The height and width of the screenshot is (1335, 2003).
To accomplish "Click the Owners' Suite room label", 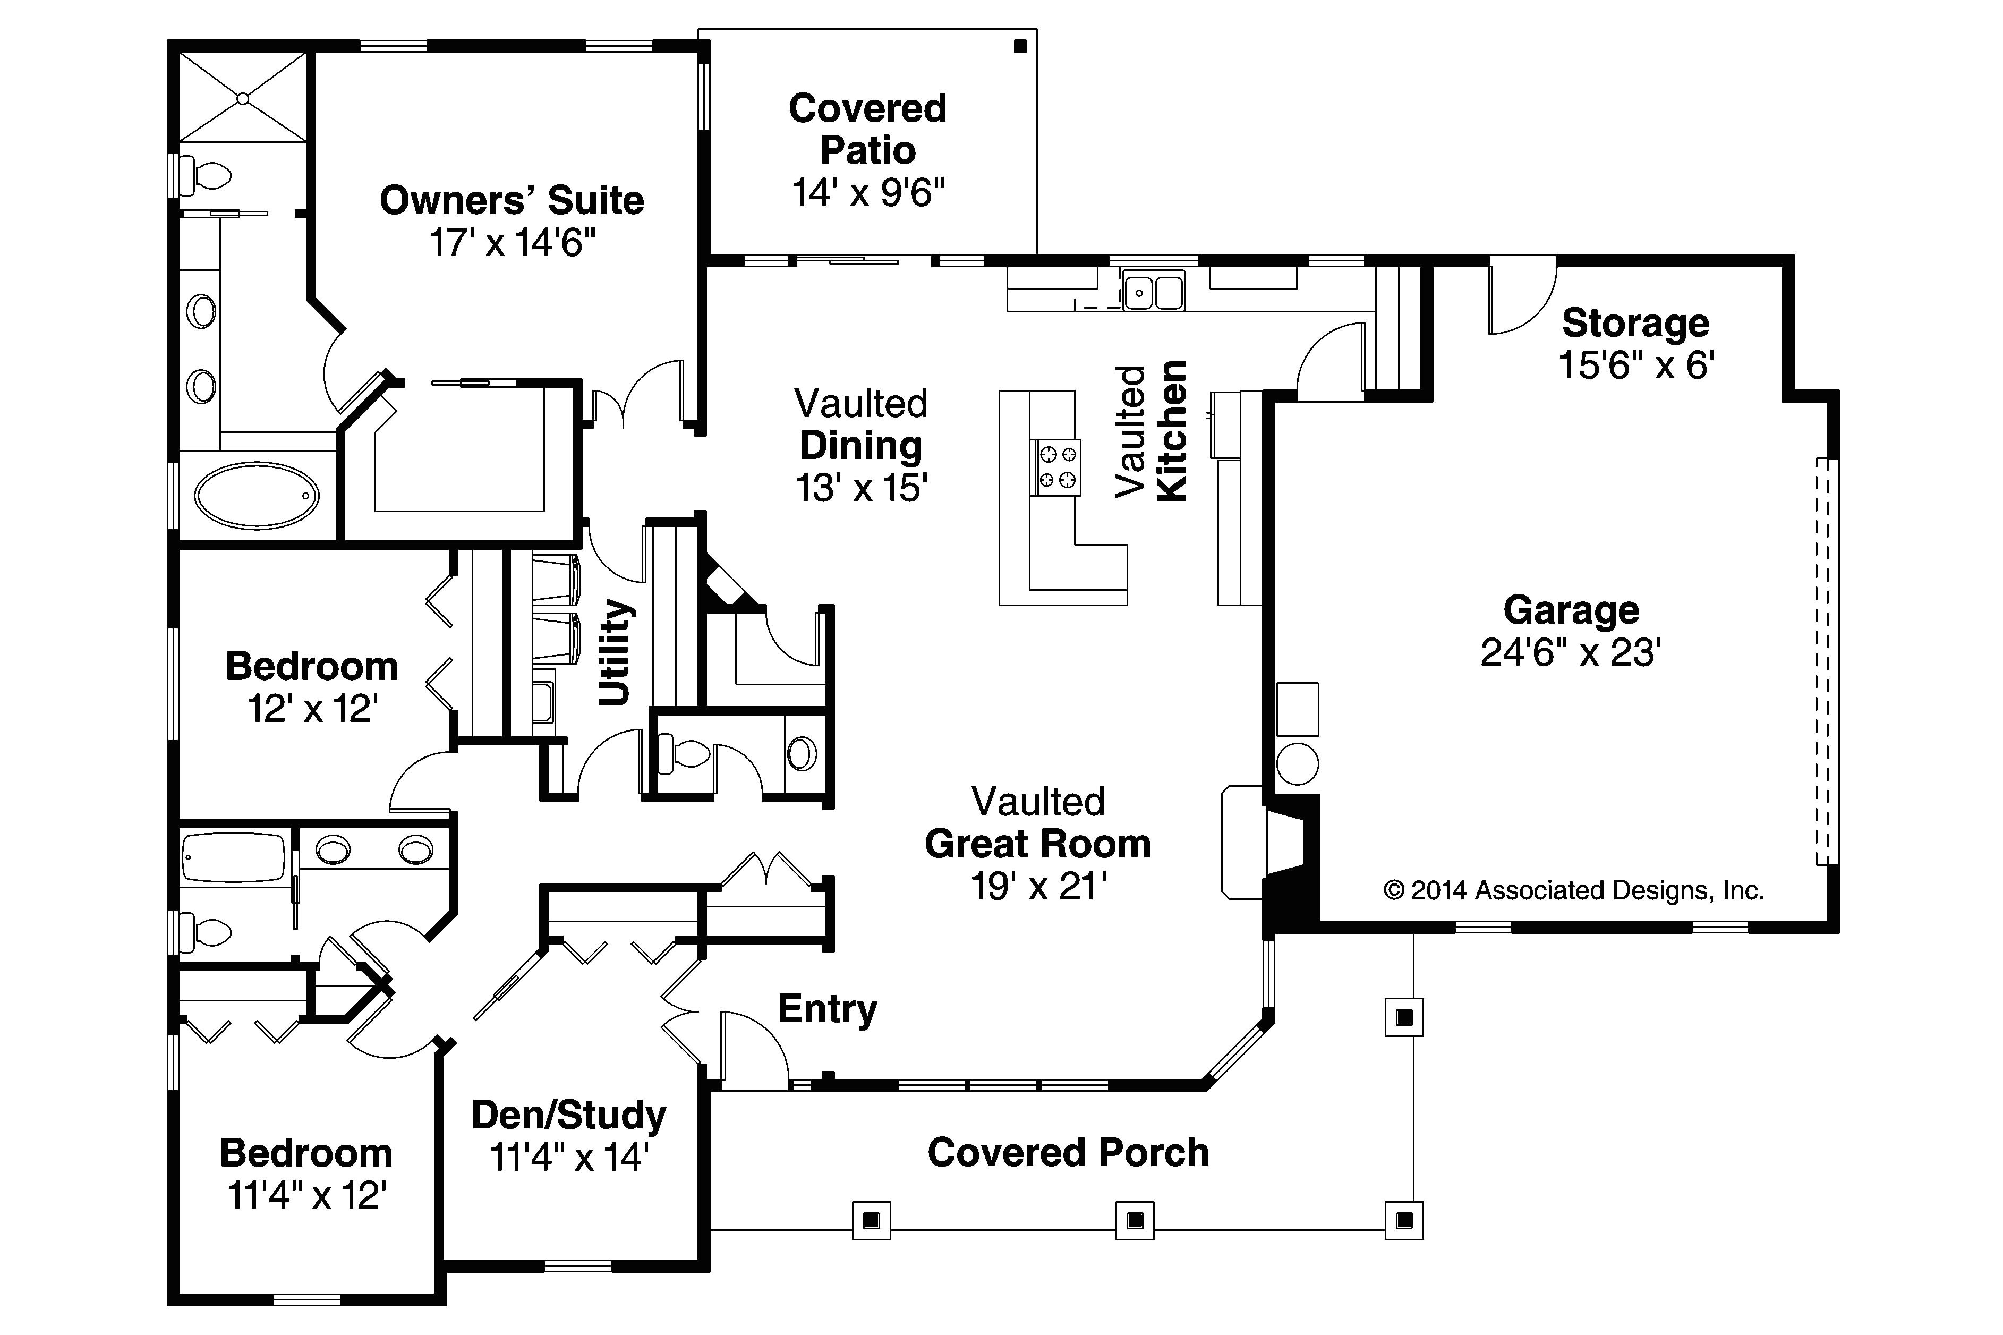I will coord(511,201).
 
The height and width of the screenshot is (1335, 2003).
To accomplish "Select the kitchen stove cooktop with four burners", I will coord(1057,467).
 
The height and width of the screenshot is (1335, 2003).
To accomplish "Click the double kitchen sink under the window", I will coord(1154,292).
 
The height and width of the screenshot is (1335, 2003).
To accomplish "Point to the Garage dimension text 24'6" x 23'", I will coord(1571,653).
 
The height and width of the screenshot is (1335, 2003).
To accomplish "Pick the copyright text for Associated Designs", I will coord(1573,890).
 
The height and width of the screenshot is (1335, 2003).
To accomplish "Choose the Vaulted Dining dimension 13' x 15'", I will coord(860,488).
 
